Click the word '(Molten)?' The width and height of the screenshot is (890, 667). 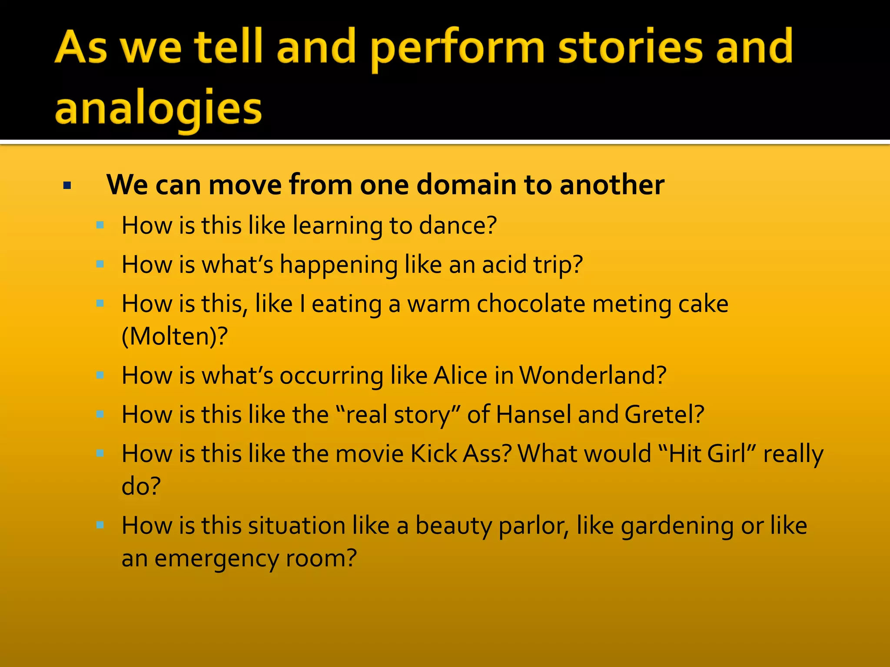pos(174,336)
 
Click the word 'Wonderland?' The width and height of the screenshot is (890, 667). pos(593,375)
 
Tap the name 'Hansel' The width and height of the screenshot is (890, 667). pos(533,414)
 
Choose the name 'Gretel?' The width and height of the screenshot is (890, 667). pos(664,414)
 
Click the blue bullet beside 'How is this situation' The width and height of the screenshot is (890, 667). pos(100,525)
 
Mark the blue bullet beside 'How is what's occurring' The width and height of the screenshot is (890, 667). pos(100,375)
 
